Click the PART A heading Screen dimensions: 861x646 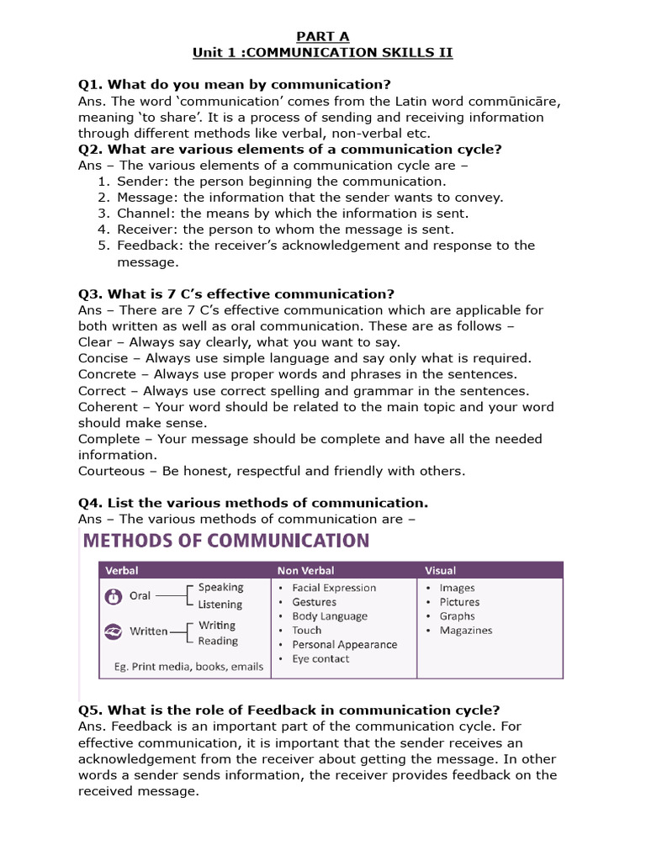pyautogui.click(x=322, y=36)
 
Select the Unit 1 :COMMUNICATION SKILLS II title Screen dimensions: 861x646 pyautogui.click(x=322, y=53)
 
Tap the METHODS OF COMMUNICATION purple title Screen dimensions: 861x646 pyautogui.click(x=225, y=540)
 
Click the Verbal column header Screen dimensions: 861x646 pyautogui.click(x=123, y=571)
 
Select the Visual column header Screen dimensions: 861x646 pyautogui.click(x=441, y=571)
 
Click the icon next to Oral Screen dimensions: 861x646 pyautogui.click(x=113, y=596)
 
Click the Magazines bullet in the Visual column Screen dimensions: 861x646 pyautogui.click(x=465, y=631)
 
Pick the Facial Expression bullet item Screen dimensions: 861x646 pyautogui.click(x=333, y=588)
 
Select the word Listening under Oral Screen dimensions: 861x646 pyautogui.click(x=220, y=605)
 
